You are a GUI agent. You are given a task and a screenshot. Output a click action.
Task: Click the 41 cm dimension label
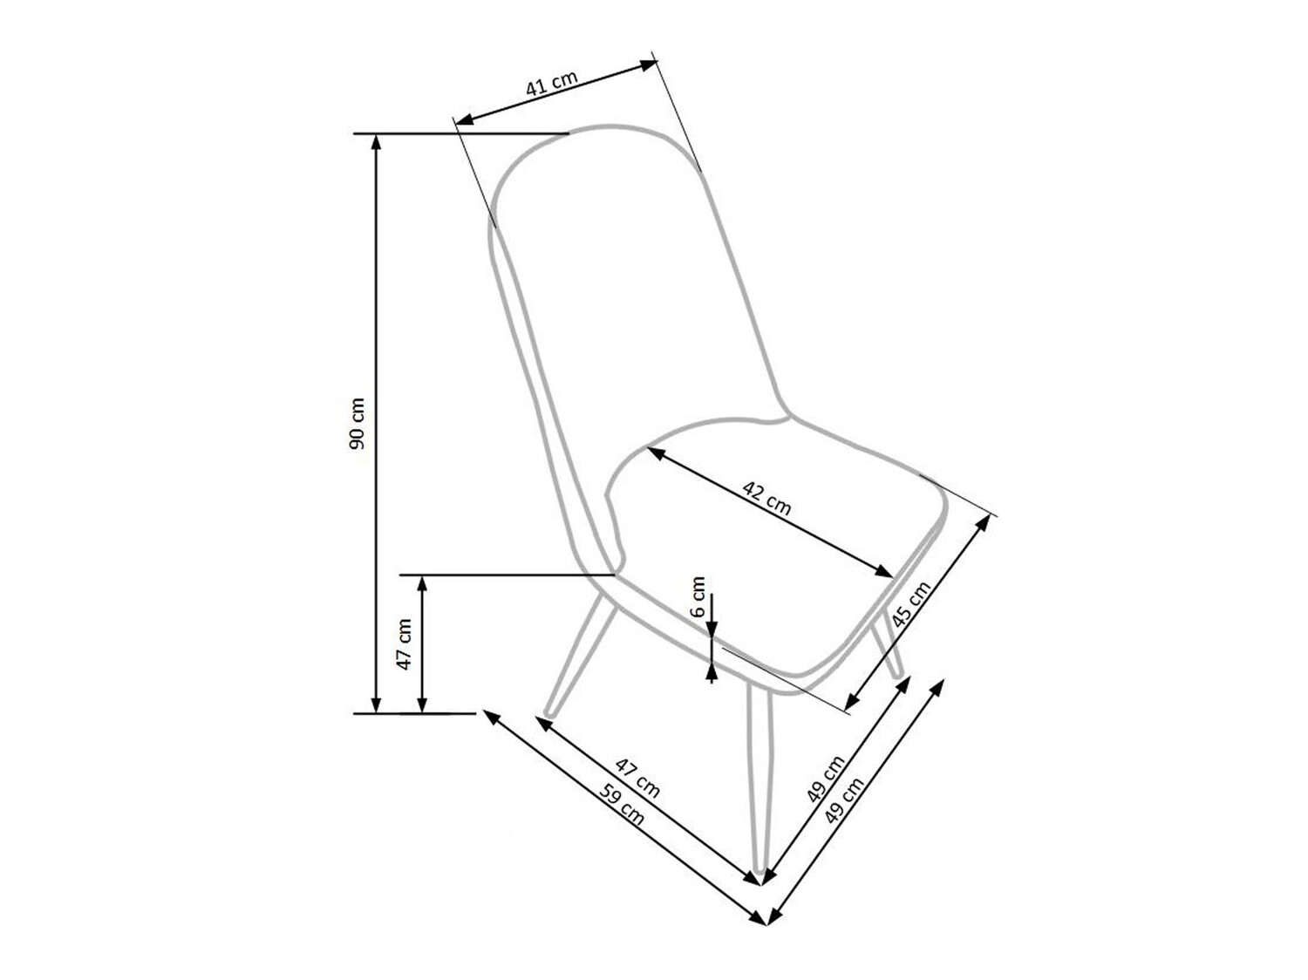click(551, 84)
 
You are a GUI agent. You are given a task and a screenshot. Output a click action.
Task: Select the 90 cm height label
click(357, 424)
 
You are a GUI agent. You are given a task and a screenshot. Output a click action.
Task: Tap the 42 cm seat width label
click(767, 496)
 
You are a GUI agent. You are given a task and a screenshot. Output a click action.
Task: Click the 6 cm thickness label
click(698, 596)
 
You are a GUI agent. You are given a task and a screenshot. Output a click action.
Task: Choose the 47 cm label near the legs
click(637, 778)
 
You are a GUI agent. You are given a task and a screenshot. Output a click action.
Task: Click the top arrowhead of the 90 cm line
click(376, 141)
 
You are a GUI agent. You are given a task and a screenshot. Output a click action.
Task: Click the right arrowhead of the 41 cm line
click(649, 63)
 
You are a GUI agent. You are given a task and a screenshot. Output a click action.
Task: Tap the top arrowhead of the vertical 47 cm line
click(422, 582)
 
